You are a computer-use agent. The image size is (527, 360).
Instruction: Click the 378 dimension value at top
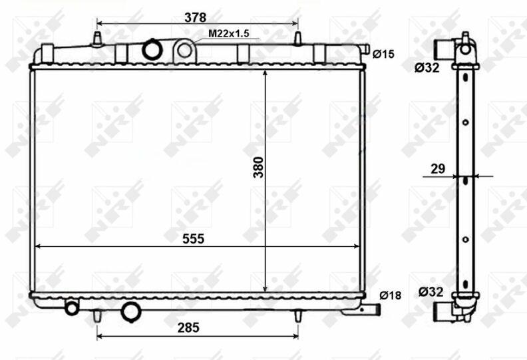coord(195,17)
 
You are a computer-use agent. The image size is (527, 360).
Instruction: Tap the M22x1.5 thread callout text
coord(228,34)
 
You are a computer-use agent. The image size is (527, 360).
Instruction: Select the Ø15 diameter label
coord(383,54)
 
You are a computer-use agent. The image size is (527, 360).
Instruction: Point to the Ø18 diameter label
coord(390,295)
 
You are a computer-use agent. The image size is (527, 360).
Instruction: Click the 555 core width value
coord(193,239)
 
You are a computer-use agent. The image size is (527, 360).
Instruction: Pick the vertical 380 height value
coord(259,167)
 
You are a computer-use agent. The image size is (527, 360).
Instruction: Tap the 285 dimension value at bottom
coord(188,327)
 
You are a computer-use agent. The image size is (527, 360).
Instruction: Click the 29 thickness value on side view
coord(438,168)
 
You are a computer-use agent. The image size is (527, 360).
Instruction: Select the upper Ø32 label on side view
coord(427,68)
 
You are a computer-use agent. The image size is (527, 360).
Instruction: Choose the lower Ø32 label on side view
coord(431,291)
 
